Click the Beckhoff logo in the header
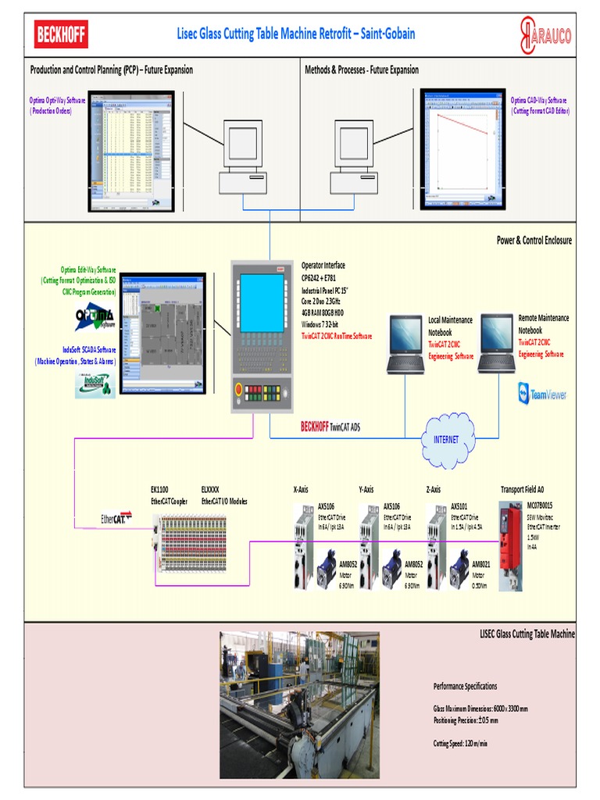(x=61, y=34)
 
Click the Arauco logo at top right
(x=545, y=35)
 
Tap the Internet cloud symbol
(x=447, y=440)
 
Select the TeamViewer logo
(x=541, y=394)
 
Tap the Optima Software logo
(x=95, y=317)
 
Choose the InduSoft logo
(x=95, y=384)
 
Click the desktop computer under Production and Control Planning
(x=243, y=159)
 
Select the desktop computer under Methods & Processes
(x=354, y=159)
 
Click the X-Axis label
(x=300, y=490)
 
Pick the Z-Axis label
(x=434, y=490)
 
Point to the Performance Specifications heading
(x=465, y=686)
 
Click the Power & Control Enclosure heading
(x=534, y=240)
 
